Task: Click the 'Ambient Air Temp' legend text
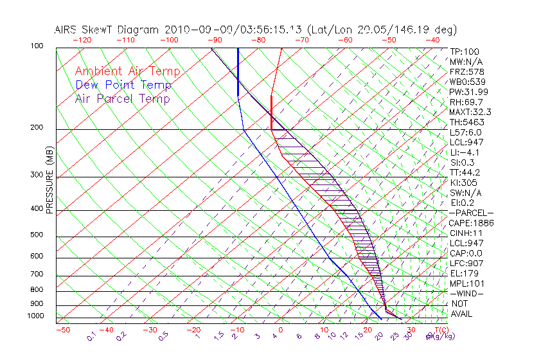point(127,71)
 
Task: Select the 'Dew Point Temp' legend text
point(123,85)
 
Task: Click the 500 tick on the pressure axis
point(37,235)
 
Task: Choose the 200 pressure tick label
point(37,128)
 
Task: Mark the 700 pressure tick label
point(37,275)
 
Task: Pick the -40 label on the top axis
point(433,40)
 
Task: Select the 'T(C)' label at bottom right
point(439,330)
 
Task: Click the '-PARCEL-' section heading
point(471,213)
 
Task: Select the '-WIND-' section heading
point(466,293)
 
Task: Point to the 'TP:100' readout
point(464,51)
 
